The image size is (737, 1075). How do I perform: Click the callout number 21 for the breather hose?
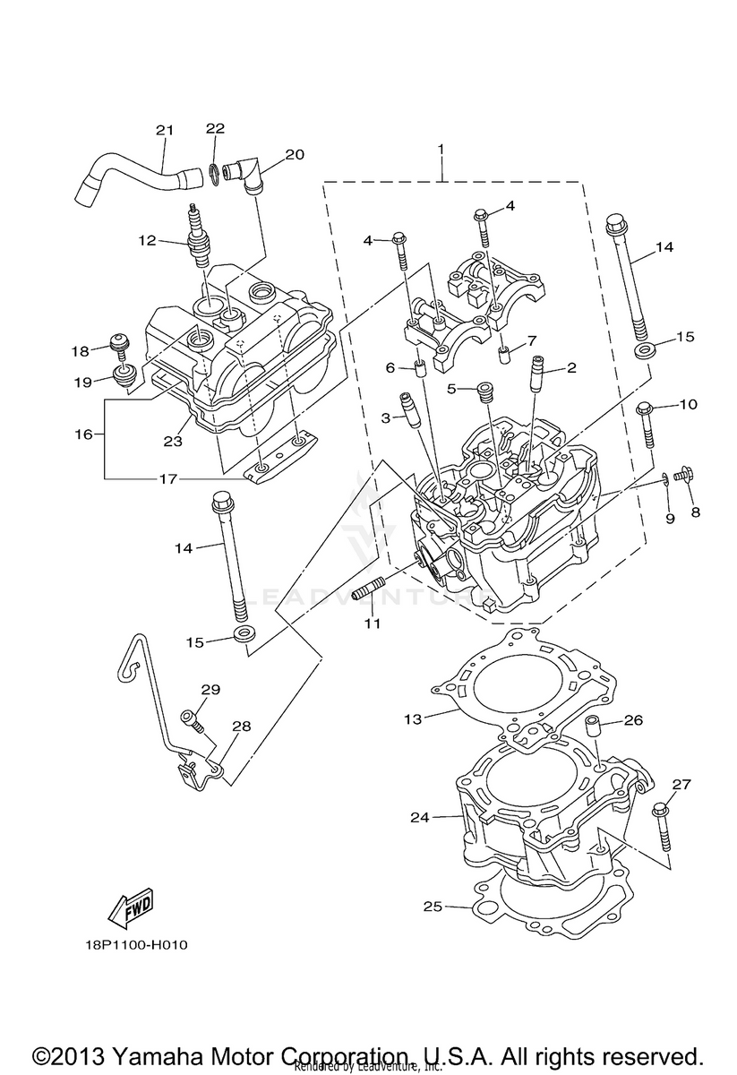(164, 131)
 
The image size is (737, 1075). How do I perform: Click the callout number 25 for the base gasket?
(433, 907)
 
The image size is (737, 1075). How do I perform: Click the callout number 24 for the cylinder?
(421, 817)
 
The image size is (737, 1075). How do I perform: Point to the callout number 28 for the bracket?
(241, 727)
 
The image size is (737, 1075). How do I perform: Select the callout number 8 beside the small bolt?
(695, 512)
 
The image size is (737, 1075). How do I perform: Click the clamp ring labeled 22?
(215, 172)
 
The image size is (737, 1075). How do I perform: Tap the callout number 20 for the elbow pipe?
(296, 154)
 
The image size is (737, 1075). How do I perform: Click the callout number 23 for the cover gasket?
(172, 440)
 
